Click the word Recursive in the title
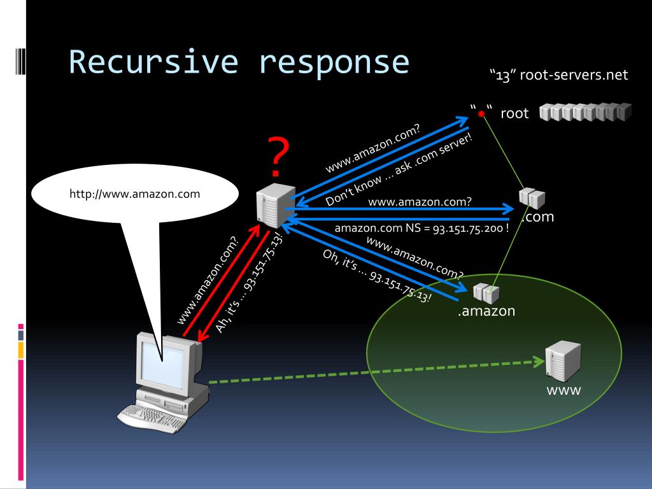153,62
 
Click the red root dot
481,114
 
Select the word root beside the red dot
514,113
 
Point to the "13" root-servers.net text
559,75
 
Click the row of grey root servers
586,112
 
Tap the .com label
539,216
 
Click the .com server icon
532,198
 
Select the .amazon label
486,311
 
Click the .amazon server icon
486,293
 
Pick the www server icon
563,361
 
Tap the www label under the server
563,390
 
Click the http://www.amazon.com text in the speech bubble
135,194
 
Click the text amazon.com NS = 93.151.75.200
422,229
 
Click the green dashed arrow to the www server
377,371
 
